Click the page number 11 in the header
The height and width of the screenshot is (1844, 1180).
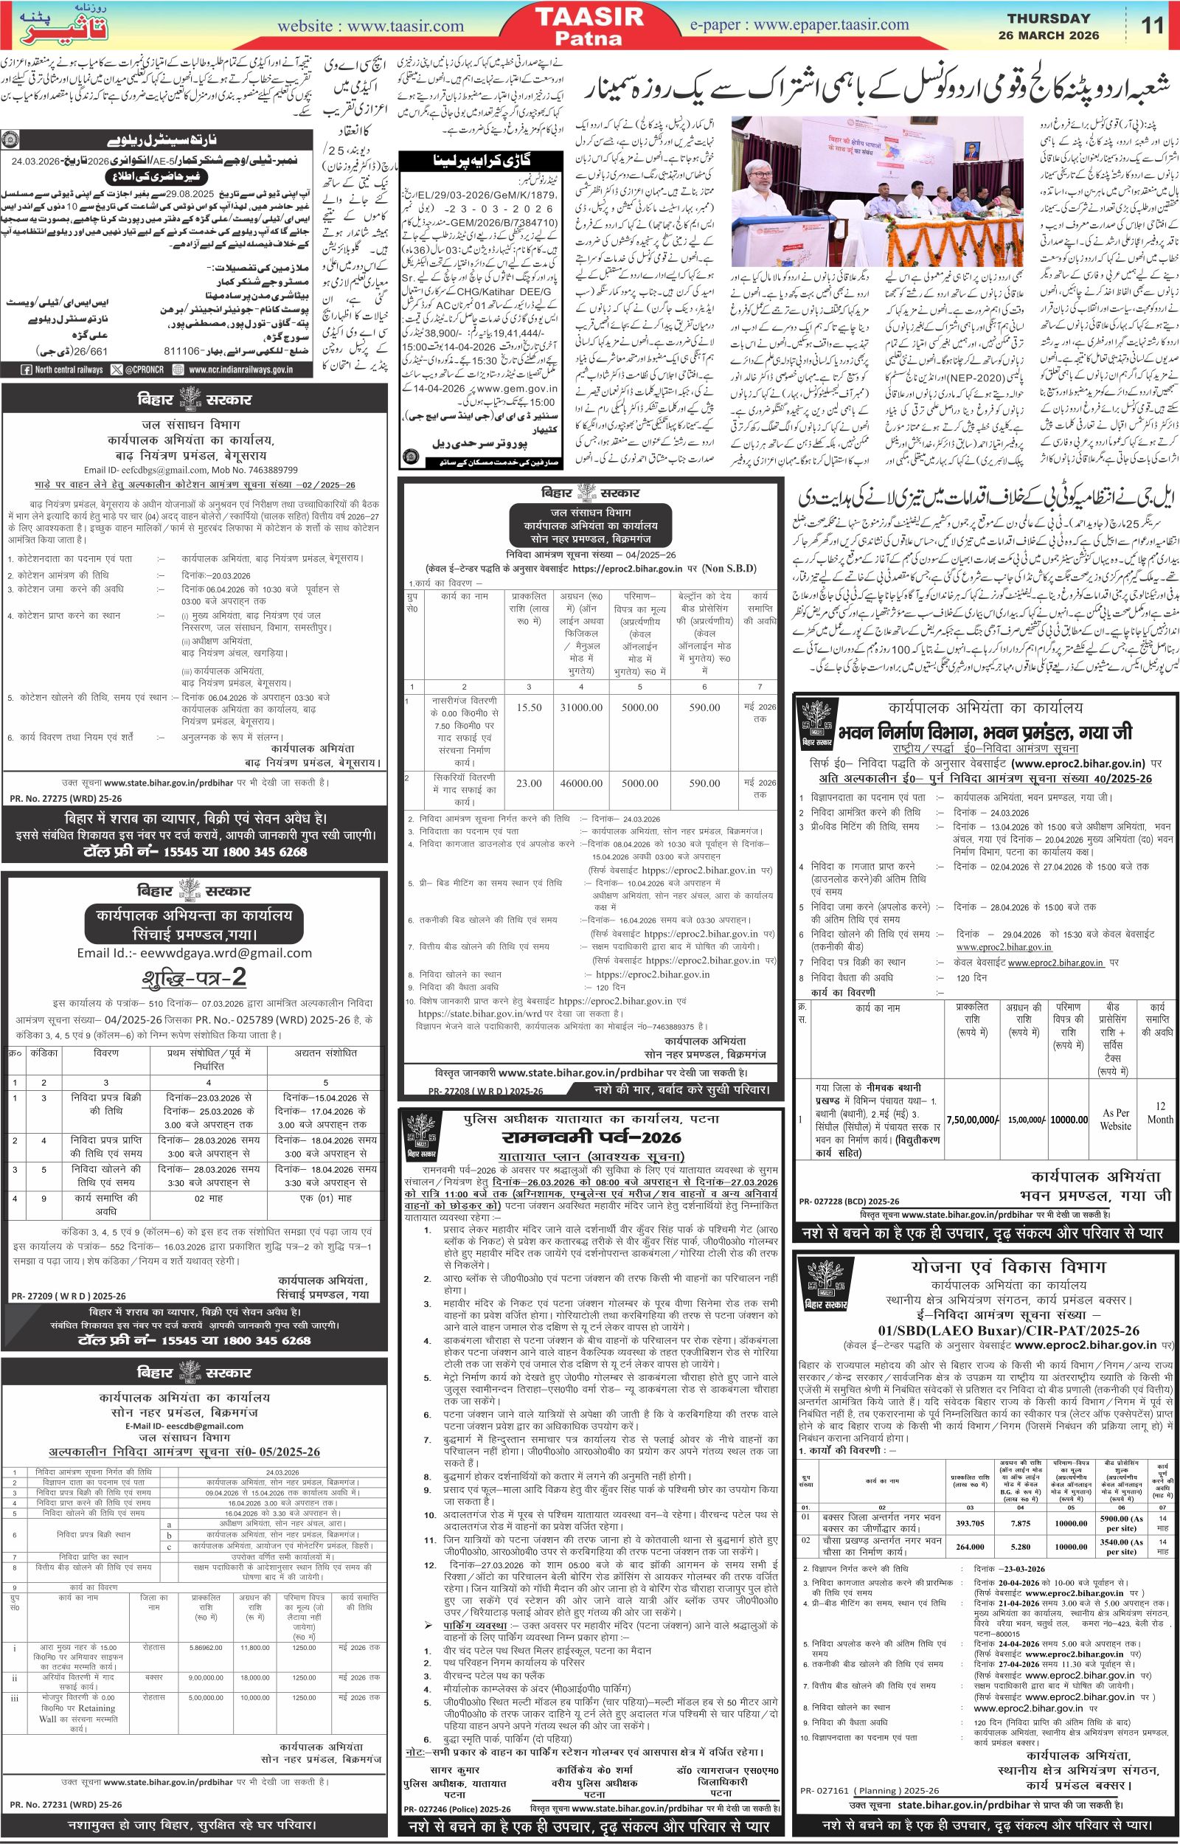point(1152,26)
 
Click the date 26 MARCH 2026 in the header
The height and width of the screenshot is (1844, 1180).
point(1049,35)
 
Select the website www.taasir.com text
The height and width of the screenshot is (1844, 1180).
point(370,26)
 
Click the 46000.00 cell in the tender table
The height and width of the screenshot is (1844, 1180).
point(582,783)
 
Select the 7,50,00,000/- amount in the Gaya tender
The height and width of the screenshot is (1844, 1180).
point(973,1118)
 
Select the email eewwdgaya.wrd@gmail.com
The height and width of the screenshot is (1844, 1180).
point(195,953)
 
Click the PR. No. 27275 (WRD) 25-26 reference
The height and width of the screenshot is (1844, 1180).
point(57,798)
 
